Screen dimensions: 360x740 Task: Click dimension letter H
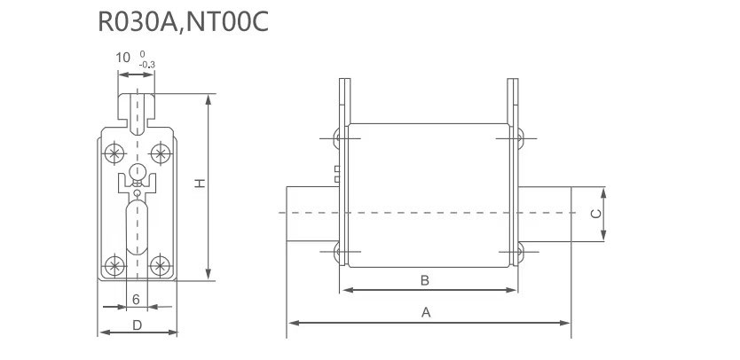click(201, 184)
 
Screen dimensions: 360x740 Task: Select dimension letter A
click(426, 312)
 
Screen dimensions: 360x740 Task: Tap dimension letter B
click(425, 280)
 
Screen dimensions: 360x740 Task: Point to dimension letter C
click(597, 213)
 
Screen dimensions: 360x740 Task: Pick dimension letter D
click(137, 325)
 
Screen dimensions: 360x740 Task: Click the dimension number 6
click(136, 300)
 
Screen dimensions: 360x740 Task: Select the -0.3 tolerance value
click(146, 64)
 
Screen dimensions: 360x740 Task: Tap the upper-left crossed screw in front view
click(114, 152)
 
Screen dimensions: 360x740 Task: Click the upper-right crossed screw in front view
click(161, 152)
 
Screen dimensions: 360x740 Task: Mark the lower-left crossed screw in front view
click(114, 263)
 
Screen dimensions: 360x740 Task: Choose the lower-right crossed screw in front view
click(161, 263)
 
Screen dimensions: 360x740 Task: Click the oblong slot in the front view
click(137, 226)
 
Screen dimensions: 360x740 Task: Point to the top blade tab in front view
click(137, 106)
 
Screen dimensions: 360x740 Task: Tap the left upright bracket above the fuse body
click(342, 102)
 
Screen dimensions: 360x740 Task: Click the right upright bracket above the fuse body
click(512, 102)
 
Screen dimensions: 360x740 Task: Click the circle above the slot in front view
click(137, 172)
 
